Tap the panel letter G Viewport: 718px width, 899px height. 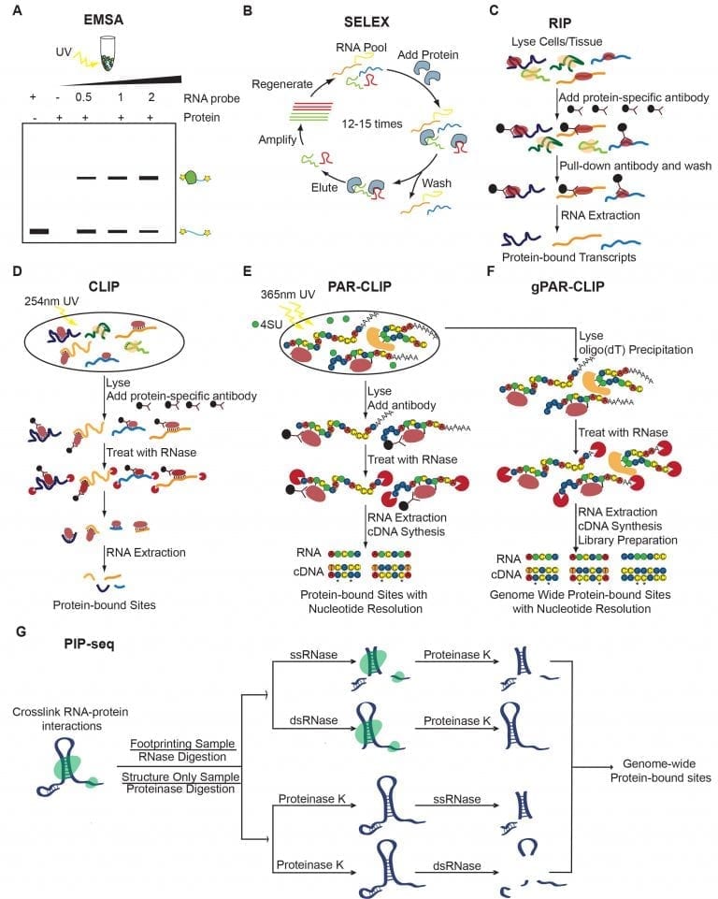[x=22, y=632]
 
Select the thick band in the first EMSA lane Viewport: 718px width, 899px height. [x=38, y=230]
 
